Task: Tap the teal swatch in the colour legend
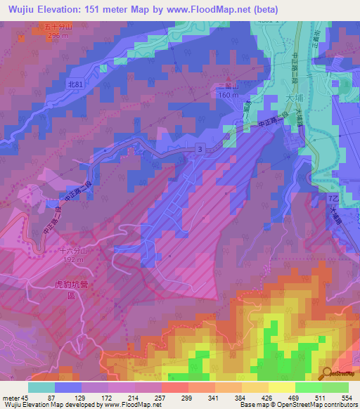click(x=41, y=387)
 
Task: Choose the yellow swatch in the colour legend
click(x=281, y=387)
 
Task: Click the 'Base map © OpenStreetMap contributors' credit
click(x=303, y=405)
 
